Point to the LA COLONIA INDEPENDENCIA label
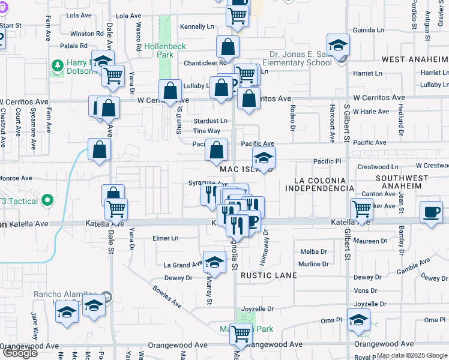click(x=319, y=184)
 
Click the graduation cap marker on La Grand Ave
click(x=214, y=262)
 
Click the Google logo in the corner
click(x=20, y=353)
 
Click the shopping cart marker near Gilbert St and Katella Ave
click(x=361, y=209)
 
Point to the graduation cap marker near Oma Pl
click(x=358, y=319)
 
